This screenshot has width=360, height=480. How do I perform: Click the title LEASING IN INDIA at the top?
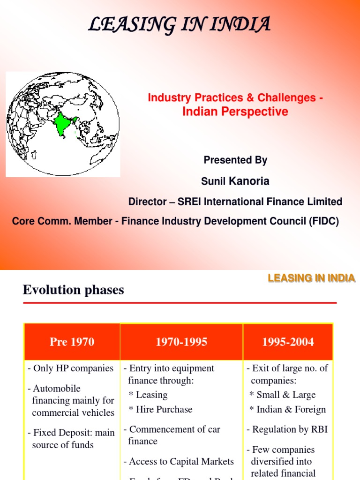click(180, 24)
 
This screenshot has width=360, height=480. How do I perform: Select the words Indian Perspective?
click(235, 112)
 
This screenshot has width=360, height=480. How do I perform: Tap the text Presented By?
click(235, 160)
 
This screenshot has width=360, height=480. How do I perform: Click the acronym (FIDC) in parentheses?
click(323, 221)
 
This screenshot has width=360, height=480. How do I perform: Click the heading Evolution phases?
click(74, 290)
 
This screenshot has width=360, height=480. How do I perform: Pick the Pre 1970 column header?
click(72, 342)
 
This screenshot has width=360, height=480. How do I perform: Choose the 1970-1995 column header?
click(181, 342)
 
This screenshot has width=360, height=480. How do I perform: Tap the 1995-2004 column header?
click(288, 342)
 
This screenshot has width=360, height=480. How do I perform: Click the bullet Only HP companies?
click(71, 368)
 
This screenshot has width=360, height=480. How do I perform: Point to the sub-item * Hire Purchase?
click(161, 409)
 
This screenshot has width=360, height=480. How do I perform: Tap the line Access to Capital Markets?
click(179, 461)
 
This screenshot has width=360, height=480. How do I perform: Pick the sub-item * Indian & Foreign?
click(288, 409)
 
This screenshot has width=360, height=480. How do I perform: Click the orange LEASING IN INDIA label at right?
click(311, 278)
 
